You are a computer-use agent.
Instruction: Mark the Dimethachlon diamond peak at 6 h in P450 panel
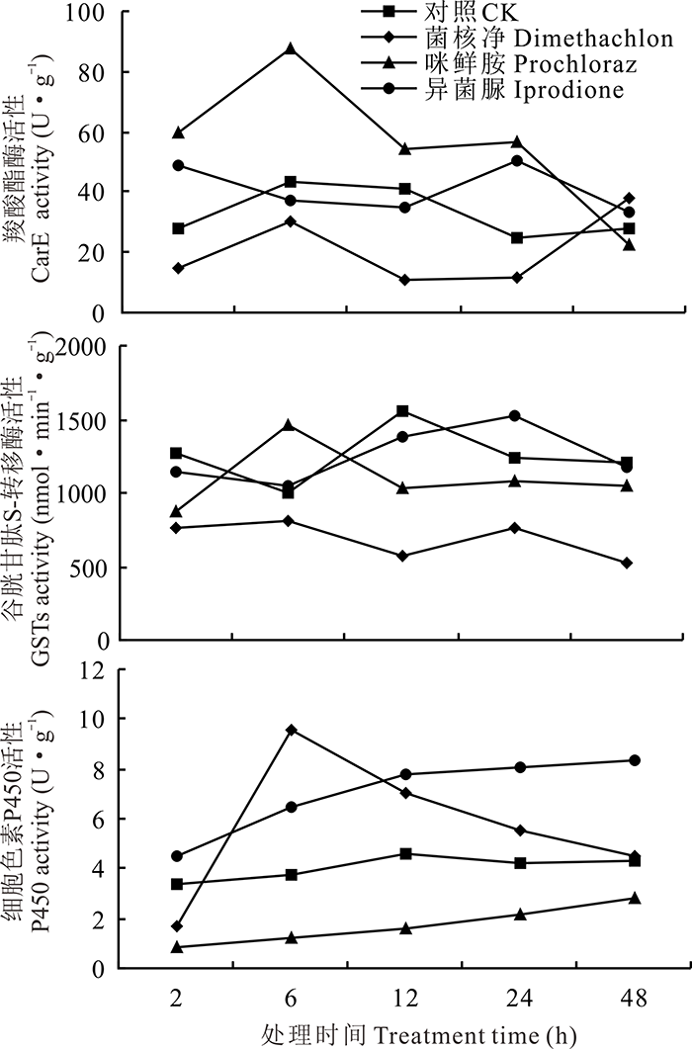[292, 730]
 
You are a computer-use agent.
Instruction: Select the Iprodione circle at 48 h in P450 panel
[635, 760]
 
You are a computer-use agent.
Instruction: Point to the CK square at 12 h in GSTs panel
[402, 410]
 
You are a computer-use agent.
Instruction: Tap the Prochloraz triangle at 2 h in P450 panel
[177, 947]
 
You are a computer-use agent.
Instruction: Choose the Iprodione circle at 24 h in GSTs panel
[516, 415]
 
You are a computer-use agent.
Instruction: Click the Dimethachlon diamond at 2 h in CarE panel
[177, 268]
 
